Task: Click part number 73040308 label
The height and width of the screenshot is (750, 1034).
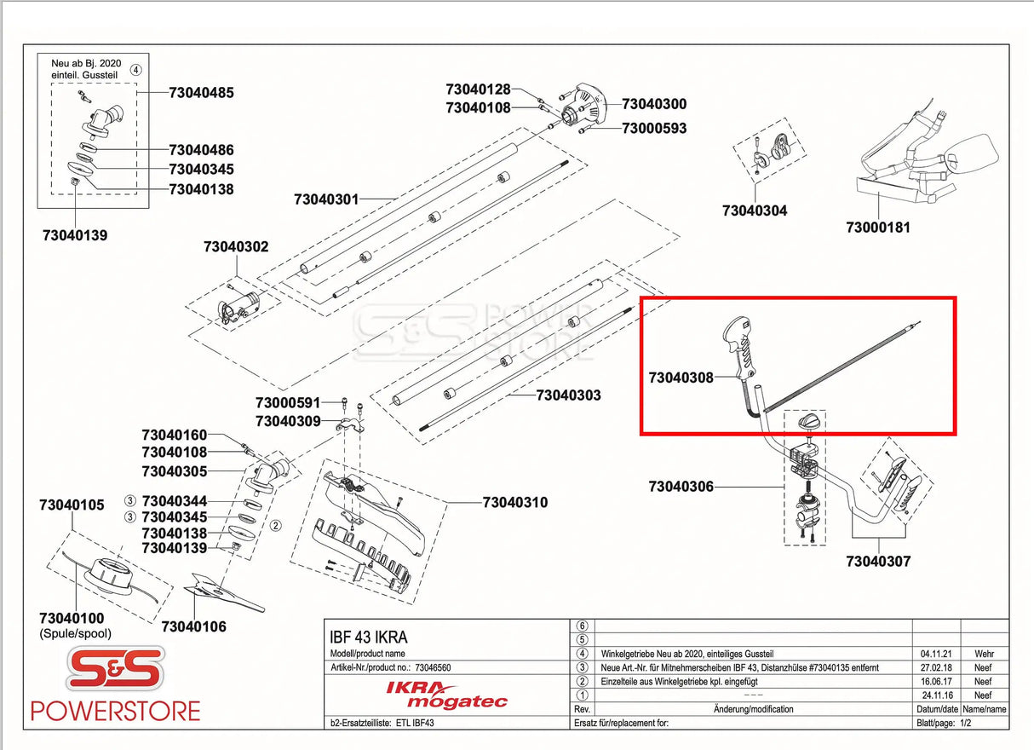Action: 681,377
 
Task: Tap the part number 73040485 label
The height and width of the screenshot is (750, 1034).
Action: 201,92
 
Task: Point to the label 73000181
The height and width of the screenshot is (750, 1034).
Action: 878,228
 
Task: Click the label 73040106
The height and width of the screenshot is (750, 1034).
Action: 194,626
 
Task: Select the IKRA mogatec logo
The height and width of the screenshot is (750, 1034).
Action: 446,694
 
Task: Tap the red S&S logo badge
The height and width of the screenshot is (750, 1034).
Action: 115,670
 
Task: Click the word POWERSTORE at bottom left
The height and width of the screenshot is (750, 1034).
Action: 115,711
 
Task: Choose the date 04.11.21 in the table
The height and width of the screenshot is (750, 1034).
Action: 935,653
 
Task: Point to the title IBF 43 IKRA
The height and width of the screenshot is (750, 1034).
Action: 368,637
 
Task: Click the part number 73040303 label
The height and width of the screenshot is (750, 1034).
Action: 568,395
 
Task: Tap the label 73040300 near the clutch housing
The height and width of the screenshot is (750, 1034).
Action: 654,104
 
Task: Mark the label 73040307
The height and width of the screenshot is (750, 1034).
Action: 878,561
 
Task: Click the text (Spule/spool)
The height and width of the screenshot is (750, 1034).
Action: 75,633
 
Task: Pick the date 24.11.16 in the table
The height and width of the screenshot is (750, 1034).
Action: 935,695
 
